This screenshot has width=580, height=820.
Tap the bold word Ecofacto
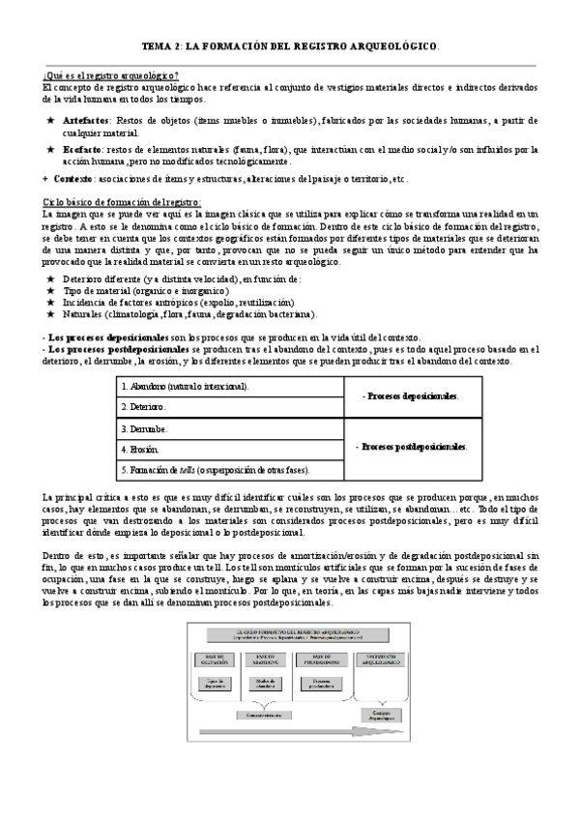(84, 150)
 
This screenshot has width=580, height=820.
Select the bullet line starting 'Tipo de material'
(145, 290)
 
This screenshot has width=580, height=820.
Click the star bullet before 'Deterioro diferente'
(49, 278)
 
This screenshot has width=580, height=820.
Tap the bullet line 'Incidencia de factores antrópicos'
(156, 302)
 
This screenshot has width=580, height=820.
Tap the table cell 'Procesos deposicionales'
(410, 396)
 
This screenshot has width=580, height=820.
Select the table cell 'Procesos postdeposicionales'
(410, 448)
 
